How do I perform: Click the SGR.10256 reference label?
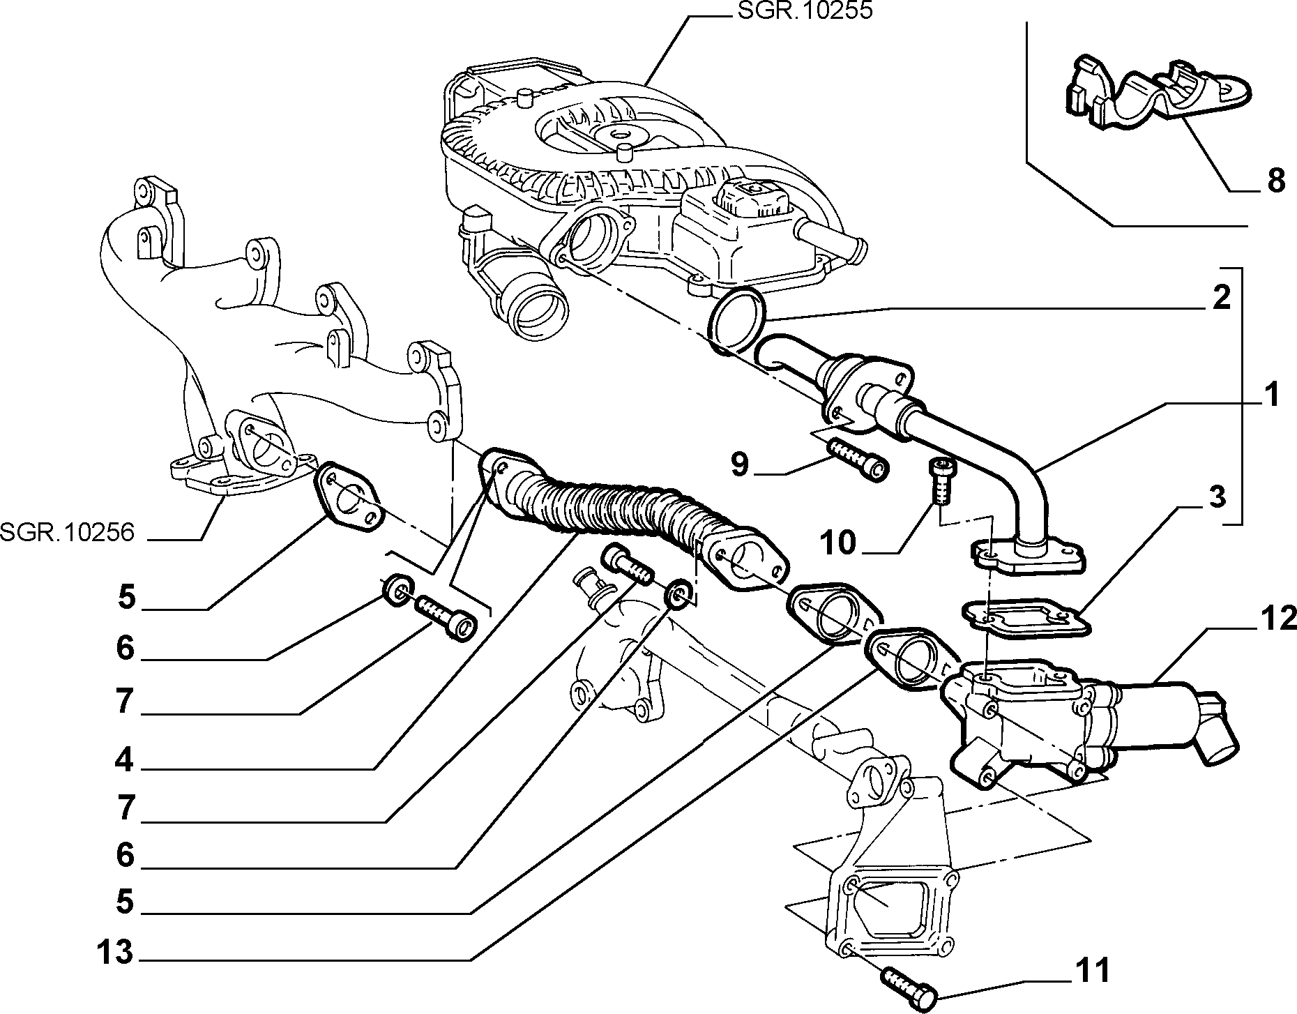tap(66, 533)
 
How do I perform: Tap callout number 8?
tap(1275, 181)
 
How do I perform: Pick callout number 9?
tap(738, 464)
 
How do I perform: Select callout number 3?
tap(1215, 497)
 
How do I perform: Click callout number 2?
tap(1221, 298)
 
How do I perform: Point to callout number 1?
tap(1272, 395)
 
